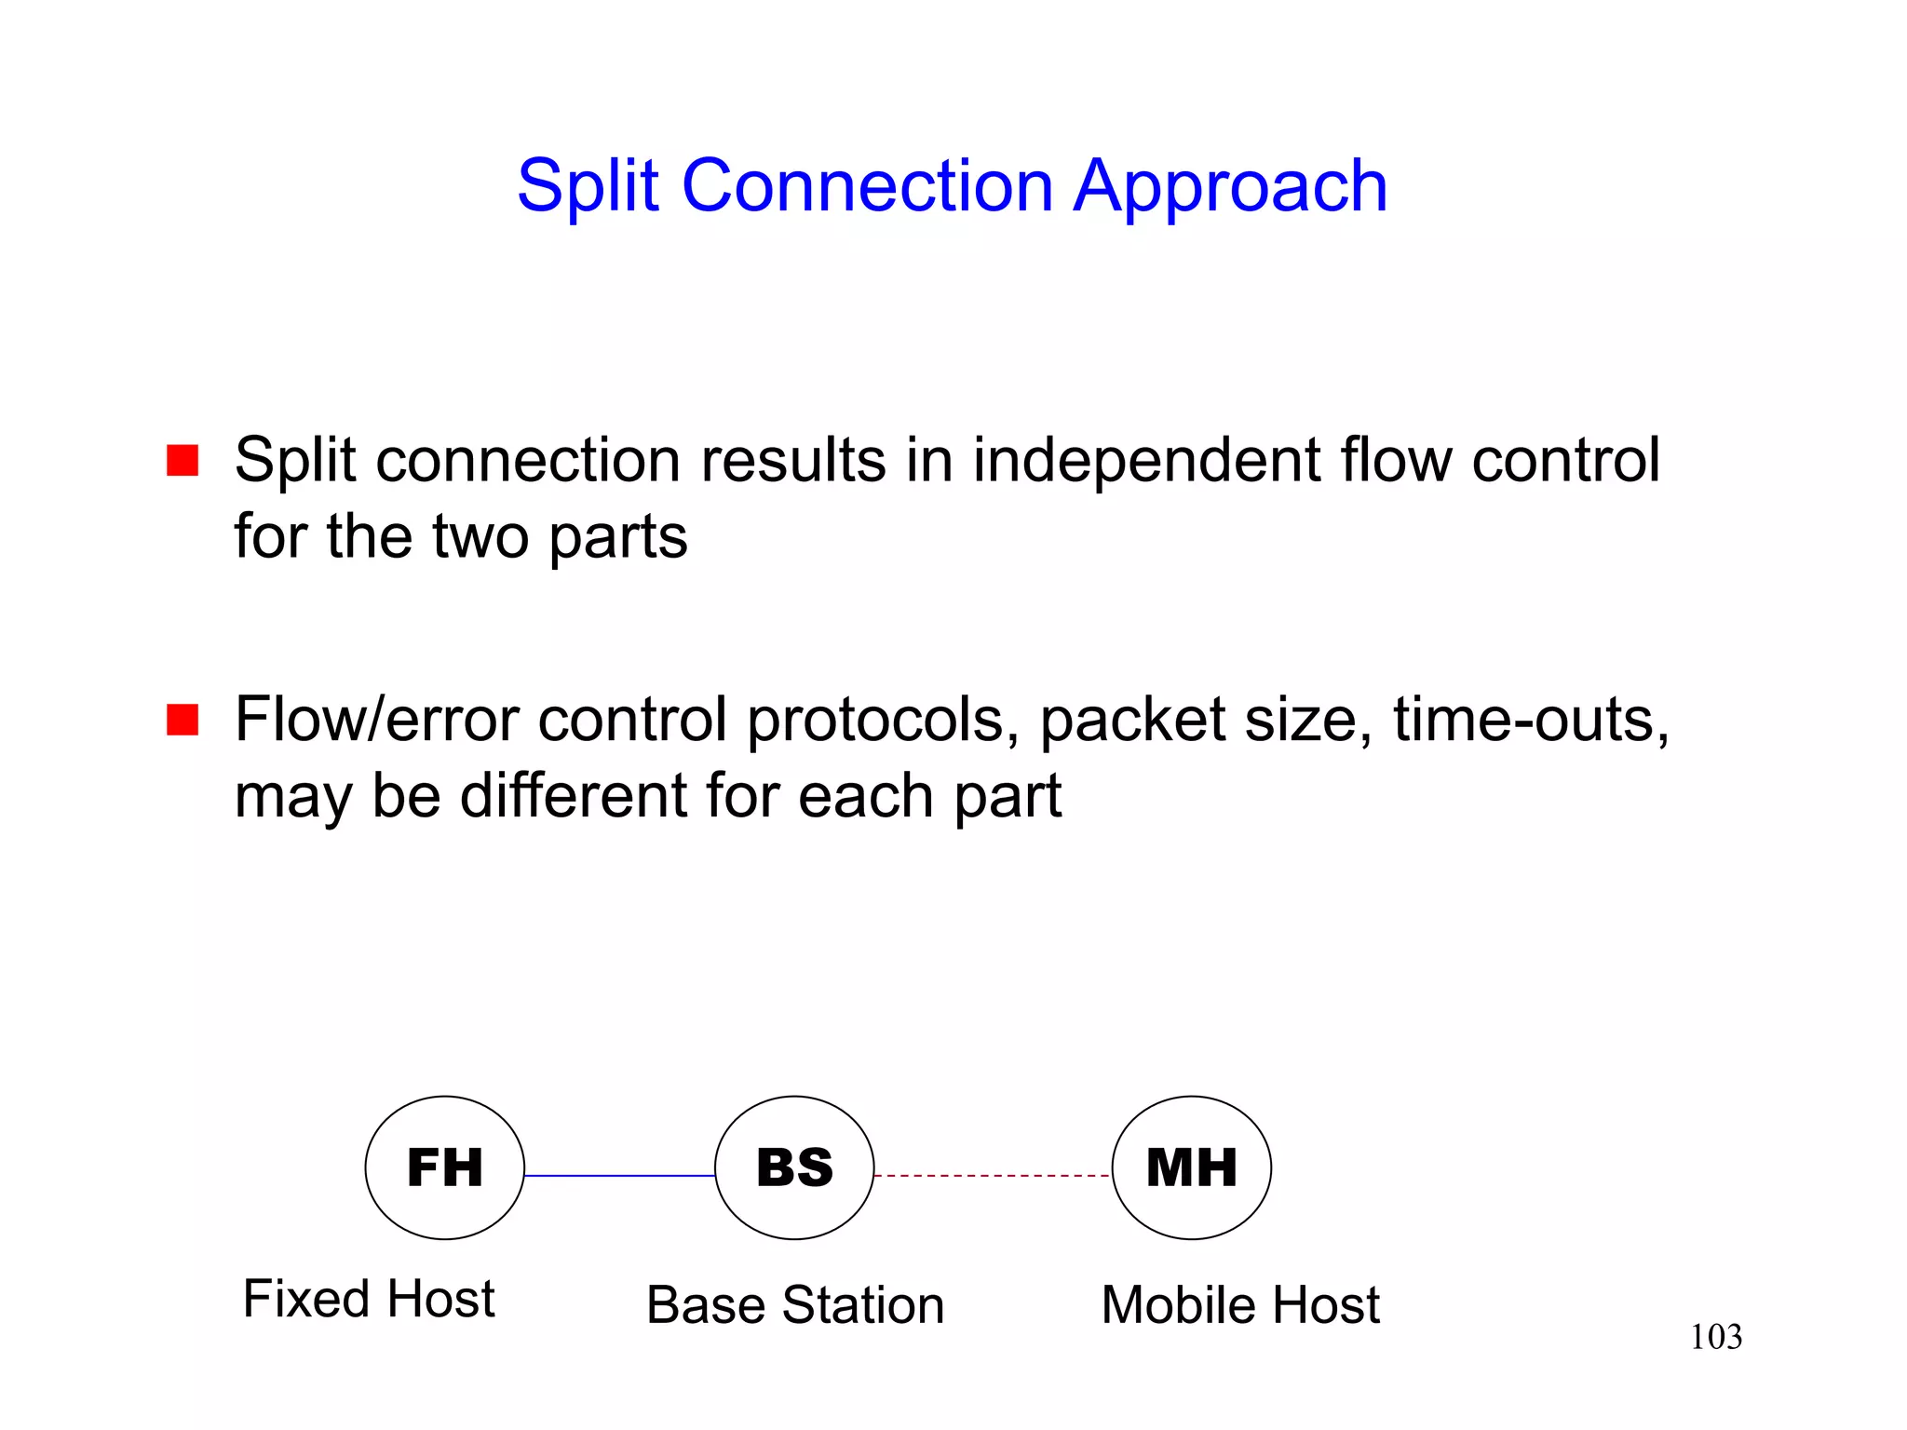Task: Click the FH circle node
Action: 444,1167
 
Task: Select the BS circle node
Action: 794,1167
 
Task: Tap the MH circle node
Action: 1191,1167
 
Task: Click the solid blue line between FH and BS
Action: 619,1176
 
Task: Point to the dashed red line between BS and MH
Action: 993,1176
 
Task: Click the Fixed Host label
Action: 369,1299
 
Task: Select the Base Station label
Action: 795,1305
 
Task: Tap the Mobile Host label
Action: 1239,1305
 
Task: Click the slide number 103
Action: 1715,1338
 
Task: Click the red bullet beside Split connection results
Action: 183,460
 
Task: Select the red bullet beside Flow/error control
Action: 183,720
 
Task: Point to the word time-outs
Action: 1531,721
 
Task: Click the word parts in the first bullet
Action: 617,538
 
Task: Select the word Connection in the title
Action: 868,186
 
